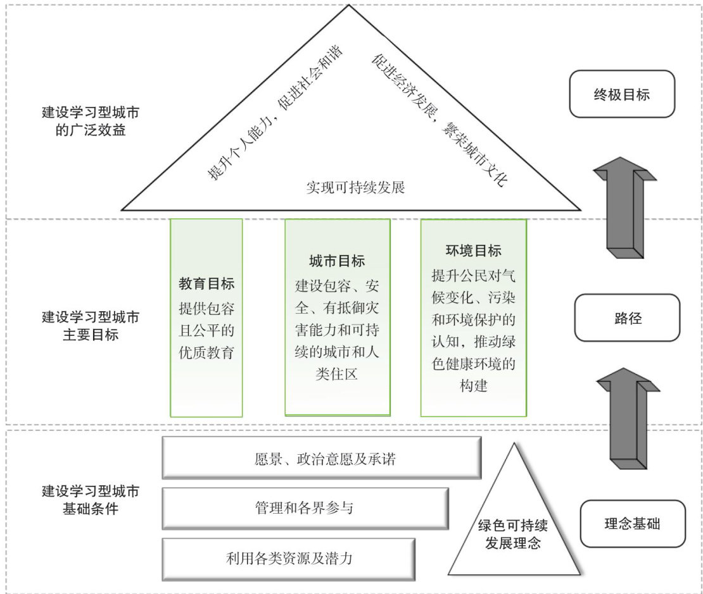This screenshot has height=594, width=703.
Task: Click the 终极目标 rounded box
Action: (x=621, y=94)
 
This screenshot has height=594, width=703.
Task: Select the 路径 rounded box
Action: (x=626, y=317)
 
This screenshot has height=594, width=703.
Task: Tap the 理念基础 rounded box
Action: (x=633, y=524)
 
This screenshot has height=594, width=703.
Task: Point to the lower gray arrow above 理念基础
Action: (x=628, y=419)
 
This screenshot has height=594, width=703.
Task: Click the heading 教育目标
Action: (x=206, y=283)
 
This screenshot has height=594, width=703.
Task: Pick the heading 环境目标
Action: (x=473, y=251)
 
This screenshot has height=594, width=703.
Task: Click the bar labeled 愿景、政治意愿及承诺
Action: (x=322, y=458)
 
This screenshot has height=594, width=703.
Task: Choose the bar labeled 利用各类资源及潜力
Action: (x=289, y=559)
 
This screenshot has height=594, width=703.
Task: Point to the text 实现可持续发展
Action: (x=355, y=187)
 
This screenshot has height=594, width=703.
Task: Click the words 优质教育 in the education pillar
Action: (x=206, y=352)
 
